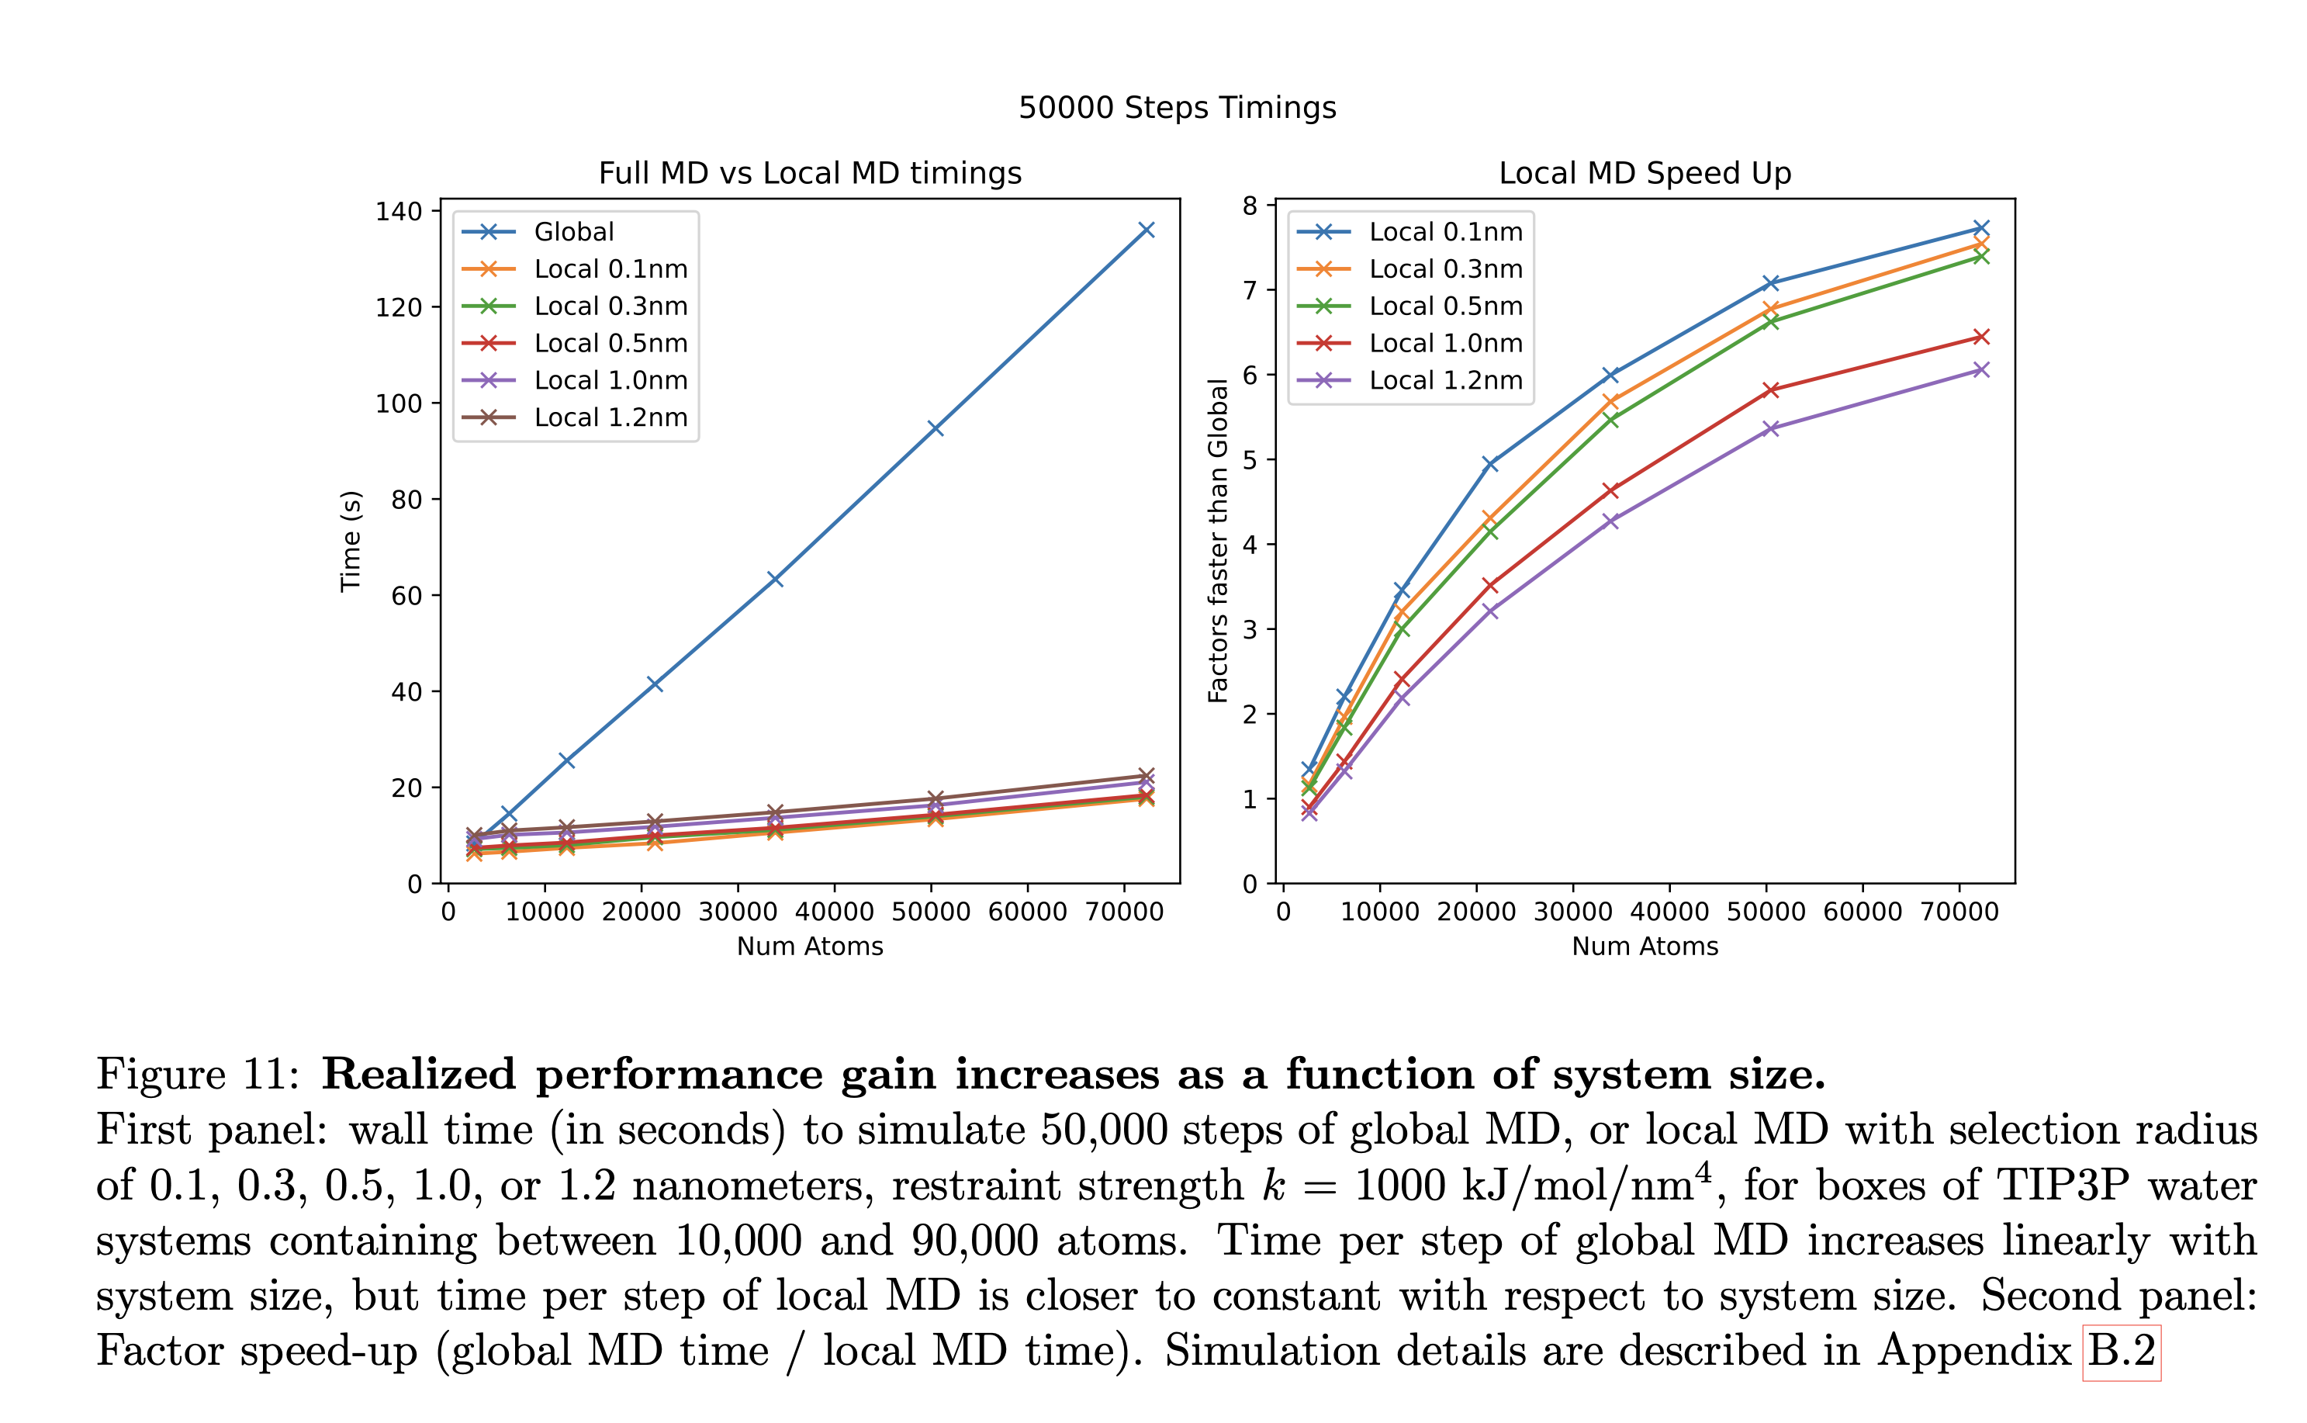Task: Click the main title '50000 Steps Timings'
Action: pos(1176,107)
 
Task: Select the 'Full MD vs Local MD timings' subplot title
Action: pos(809,173)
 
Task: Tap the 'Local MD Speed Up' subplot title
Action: pos(1644,173)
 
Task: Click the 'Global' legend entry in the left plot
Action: pos(573,231)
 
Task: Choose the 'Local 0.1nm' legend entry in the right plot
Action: pos(1444,231)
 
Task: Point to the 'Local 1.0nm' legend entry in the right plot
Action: pos(1444,343)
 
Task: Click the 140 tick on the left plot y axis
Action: pos(399,211)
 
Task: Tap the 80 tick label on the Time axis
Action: pos(406,500)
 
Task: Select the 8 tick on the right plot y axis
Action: pos(1250,205)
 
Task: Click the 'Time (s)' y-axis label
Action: pos(351,541)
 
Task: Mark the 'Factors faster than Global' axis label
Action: pos(1217,541)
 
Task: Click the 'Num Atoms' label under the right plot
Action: pos(1644,946)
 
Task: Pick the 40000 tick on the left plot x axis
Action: pos(834,911)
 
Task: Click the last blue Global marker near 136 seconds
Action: pos(1146,230)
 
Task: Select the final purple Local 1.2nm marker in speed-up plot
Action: pos(1980,370)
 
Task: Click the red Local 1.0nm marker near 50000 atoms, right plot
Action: pos(1769,390)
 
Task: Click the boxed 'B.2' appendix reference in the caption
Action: pos(2121,1352)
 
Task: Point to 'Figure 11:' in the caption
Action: pos(198,1075)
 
